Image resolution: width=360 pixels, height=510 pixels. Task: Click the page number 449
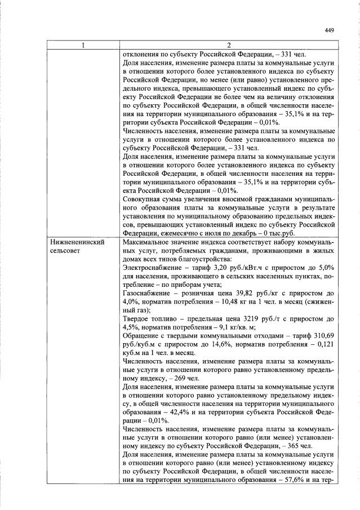pyautogui.click(x=330, y=32)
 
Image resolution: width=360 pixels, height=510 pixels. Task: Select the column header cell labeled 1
pyautogui.click(x=83, y=46)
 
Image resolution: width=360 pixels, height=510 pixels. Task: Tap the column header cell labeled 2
pyautogui.click(x=228, y=46)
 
